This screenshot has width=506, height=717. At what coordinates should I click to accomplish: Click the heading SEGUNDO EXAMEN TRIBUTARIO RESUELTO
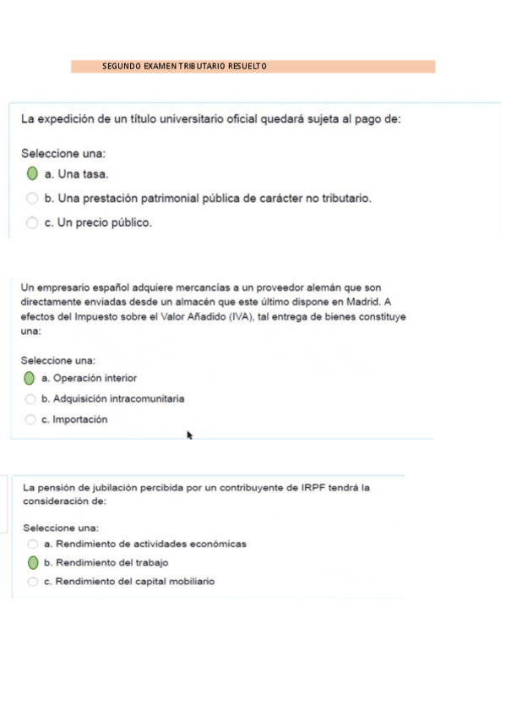pos(184,66)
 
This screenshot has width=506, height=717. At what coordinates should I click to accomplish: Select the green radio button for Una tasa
pos(32,174)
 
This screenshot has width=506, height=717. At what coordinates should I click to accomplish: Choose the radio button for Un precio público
pos(32,223)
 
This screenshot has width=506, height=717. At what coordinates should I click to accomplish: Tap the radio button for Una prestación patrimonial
pos(32,199)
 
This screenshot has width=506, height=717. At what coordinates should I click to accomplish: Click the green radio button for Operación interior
pos(30,378)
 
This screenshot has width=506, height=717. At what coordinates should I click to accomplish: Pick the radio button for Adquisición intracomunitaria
pos(30,398)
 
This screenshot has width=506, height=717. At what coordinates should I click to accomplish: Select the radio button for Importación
pos(30,419)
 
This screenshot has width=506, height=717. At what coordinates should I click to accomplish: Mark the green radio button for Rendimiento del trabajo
pos(33,562)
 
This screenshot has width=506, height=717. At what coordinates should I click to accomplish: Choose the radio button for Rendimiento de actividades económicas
pos(33,544)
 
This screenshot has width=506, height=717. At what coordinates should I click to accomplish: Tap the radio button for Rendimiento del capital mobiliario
pos(33,582)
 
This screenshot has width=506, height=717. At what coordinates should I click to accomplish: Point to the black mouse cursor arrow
pos(189,435)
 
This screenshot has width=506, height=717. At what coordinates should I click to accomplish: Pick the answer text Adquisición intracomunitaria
pos(113,398)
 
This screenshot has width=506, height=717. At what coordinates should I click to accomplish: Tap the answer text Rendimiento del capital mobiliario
pos(129,582)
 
